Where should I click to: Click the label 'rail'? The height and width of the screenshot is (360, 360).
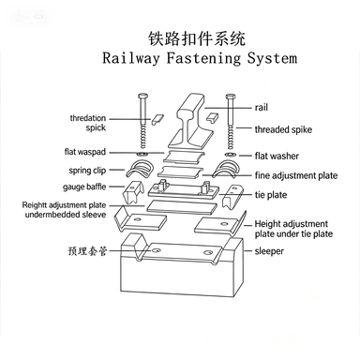[x=262, y=108]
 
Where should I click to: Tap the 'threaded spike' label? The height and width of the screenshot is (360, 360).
[x=283, y=129]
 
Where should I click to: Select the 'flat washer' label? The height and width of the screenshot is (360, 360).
[x=277, y=156]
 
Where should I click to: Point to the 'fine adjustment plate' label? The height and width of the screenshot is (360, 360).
[x=296, y=175]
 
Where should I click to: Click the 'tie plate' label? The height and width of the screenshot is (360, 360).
[x=271, y=195]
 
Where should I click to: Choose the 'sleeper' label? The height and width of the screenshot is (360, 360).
[x=269, y=251]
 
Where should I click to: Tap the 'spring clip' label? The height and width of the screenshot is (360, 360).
[x=87, y=171]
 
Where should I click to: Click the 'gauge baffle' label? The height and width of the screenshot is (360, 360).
[x=84, y=187]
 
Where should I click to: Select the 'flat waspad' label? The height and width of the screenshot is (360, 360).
[x=85, y=152]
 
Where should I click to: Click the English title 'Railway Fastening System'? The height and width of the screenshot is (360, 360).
[x=200, y=58]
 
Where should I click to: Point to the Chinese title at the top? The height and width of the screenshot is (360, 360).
[x=197, y=38]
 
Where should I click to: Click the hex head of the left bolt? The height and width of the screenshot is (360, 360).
[x=142, y=96]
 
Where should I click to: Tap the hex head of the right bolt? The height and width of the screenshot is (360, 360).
[x=231, y=96]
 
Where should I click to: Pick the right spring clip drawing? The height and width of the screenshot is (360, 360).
[x=225, y=169]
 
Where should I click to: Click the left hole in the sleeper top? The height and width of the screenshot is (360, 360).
[x=156, y=250]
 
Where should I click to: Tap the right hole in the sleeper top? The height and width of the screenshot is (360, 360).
[x=208, y=252]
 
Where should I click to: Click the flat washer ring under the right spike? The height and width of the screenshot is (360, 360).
[x=230, y=155]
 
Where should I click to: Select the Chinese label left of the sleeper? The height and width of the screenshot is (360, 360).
[x=87, y=251]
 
